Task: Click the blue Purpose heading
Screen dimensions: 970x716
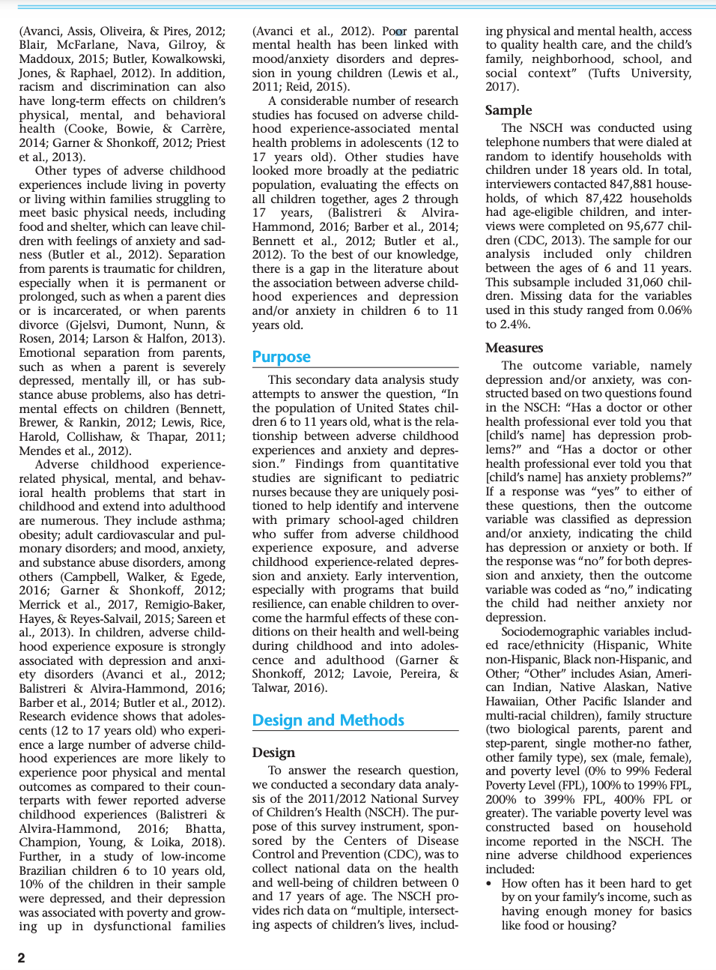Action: point(281,357)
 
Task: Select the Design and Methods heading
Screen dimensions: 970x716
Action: point(328,720)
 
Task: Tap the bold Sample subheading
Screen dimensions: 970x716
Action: point(508,110)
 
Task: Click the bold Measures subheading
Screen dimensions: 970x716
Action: point(514,348)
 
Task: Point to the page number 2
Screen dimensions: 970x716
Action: point(21,957)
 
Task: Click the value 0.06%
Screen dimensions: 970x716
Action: point(674,310)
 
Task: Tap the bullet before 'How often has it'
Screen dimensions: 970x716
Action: point(489,884)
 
